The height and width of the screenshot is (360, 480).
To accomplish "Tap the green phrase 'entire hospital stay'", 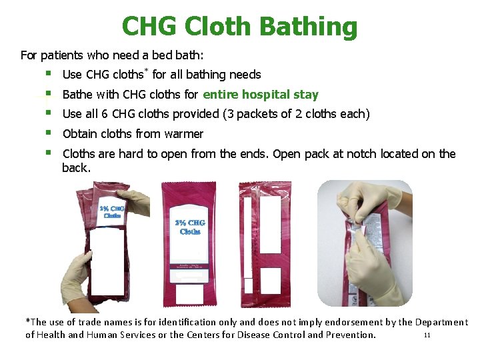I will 261,95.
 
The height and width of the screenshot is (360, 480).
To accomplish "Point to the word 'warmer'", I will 183,133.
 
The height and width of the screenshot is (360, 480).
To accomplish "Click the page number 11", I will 427,335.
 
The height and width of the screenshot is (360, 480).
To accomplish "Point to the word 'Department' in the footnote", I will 441,322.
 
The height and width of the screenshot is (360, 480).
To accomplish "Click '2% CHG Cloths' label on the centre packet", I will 190,227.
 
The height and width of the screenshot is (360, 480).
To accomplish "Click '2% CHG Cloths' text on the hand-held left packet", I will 111,211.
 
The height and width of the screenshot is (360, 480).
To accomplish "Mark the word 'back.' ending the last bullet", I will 76,168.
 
